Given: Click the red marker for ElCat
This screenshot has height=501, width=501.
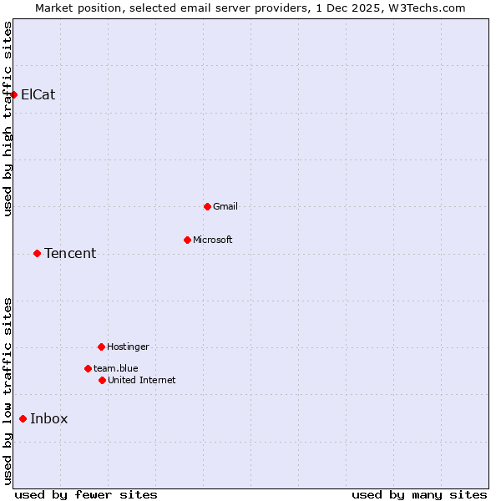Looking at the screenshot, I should tap(14, 94).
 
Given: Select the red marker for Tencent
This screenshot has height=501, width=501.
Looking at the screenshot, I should tap(37, 253).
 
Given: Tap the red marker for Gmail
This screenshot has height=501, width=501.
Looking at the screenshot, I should tap(207, 206).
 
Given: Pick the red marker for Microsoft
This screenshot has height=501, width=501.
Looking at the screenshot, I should tap(187, 240).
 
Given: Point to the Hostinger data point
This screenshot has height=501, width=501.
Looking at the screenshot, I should tap(101, 347).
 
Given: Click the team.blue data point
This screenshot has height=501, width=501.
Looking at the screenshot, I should tap(88, 368).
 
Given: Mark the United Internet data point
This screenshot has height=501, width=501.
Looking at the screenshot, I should tap(102, 380).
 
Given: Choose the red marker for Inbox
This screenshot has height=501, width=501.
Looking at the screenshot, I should tap(23, 418).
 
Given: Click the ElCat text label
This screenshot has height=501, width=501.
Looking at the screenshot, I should tap(38, 94).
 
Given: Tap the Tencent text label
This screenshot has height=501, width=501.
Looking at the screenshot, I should tap(70, 253).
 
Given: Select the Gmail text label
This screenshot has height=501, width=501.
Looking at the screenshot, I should tap(225, 206).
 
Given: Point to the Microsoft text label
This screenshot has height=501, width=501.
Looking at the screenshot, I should tap(213, 240).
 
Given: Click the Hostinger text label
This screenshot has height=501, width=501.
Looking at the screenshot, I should tap(128, 347).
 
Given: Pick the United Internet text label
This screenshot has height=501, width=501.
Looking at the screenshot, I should tap(142, 380).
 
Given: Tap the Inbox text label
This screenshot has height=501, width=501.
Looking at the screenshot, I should tap(49, 418).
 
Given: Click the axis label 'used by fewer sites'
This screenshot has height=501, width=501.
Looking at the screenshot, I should tap(86, 494).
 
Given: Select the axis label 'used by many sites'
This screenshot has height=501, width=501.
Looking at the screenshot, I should tap(419, 494).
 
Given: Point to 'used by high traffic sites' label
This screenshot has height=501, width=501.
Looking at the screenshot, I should tap(8, 119).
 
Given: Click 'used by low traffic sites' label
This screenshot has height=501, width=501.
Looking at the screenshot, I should tap(8, 390).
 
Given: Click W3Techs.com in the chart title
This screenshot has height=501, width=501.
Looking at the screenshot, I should tap(424, 8).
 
